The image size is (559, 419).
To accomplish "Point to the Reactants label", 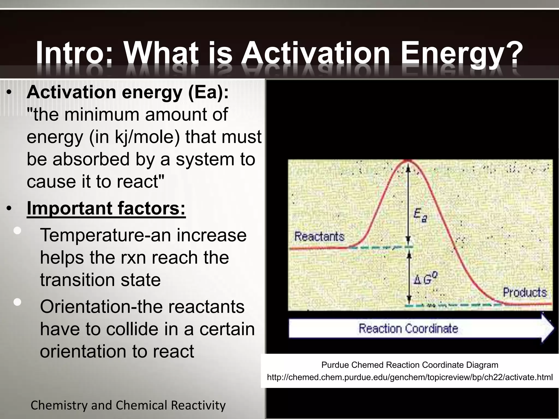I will coord(319,236).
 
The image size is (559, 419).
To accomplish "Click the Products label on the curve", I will coord(525,292).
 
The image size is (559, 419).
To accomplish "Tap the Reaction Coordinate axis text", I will coord(408,328).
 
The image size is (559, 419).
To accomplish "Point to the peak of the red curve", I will coord(408,161).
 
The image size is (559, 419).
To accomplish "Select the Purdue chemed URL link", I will coord(410,377).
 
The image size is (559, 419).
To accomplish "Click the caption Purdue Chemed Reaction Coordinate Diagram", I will coord(410,365).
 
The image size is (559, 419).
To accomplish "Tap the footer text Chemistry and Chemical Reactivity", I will coord(128,405).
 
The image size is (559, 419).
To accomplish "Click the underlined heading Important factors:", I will coord(106,208).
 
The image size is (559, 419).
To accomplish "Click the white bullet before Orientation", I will coord(17,302).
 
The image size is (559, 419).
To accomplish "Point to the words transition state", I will coord(100,280).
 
